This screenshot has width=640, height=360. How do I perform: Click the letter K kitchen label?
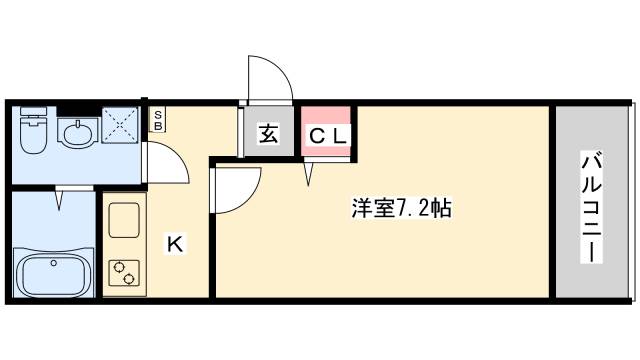[173, 243]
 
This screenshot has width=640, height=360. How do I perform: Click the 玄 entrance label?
[269, 134]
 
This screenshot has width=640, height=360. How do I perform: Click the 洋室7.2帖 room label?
[400, 209]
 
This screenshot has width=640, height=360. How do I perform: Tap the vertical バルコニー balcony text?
[591, 206]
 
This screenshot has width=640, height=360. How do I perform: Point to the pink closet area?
[326, 130]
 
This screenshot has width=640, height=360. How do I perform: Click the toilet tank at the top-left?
[33, 112]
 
